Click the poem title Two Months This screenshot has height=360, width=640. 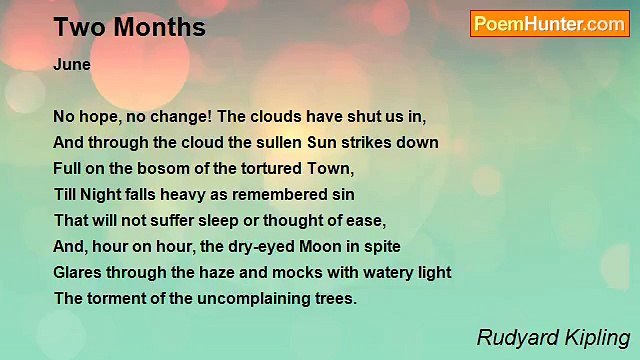pos(129,28)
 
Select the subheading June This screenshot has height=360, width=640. pos(72,64)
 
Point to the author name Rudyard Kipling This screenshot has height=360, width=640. pos(553,337)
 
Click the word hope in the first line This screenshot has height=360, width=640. pos(97,116)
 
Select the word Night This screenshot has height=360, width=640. pos(100,194)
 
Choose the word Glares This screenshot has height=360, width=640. pos(81,272)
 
